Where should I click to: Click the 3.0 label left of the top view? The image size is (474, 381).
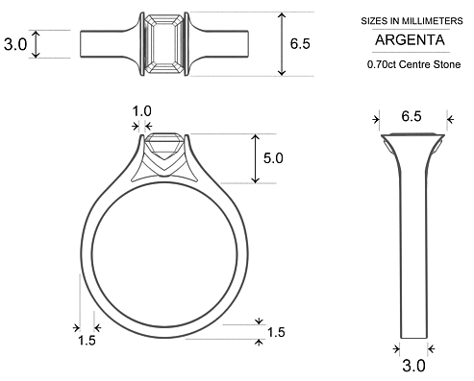click(15, 44)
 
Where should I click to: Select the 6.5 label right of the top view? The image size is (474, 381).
click(299, 44)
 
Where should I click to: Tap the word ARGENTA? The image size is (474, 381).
click(409, 41)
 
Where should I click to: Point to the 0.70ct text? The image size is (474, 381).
click(382, 65)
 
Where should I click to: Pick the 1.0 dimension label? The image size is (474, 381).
click(141, 111)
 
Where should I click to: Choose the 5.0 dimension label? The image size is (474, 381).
click(272, 158)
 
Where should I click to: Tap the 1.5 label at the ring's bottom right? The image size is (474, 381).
click(276, 332)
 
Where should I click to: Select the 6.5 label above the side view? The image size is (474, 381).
click(411, 117)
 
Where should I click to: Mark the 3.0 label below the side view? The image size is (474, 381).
click(413, 365)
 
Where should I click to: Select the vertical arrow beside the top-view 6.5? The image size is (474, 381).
click(282, 44)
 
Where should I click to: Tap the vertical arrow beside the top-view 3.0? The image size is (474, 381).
click(37, 44)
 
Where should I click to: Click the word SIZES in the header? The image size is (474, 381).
click(370, 19)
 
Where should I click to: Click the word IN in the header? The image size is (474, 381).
click(391, 19)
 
